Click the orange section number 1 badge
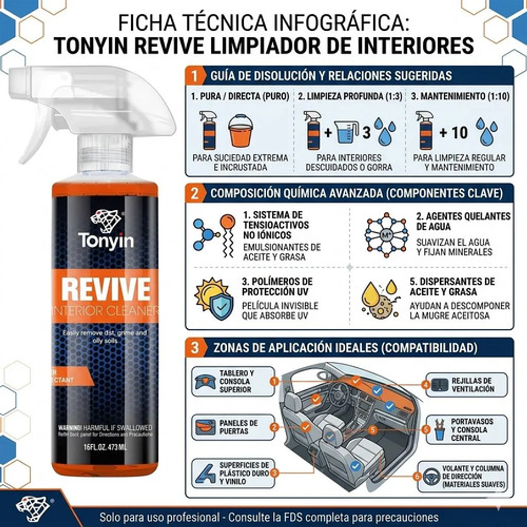pyautogui.click(x=194, y=75)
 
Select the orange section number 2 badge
pyautogui.click(x=194, y=193)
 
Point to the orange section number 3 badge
pyautogui.click(x=194, y=347)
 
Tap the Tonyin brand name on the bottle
pyautogui.click(x=105, y=240)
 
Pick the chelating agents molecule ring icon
pyautogui.click(x=386, y=234)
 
